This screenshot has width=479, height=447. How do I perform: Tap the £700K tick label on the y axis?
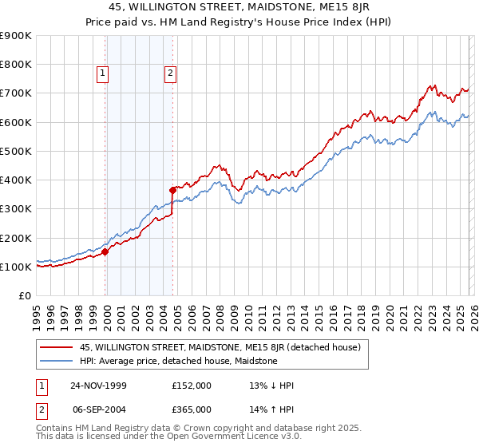click(16, 93)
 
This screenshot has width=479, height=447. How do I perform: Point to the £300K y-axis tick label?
click(16, 209)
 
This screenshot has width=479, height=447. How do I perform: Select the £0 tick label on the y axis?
click(24, 296)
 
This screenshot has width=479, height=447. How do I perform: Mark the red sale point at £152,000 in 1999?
click(105, 252)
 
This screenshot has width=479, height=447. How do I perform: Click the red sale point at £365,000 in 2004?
click(172, 190)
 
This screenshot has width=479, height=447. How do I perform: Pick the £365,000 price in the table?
click(192, 409)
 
